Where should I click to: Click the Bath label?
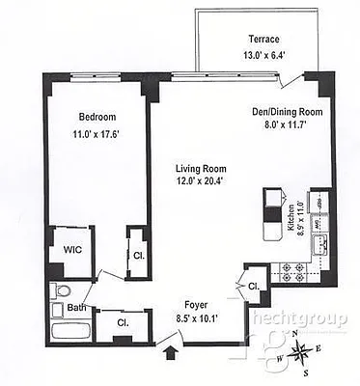pyautogui.click(x=75, y=308)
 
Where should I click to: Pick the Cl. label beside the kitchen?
pyautogui.click(x=253, y=286)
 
